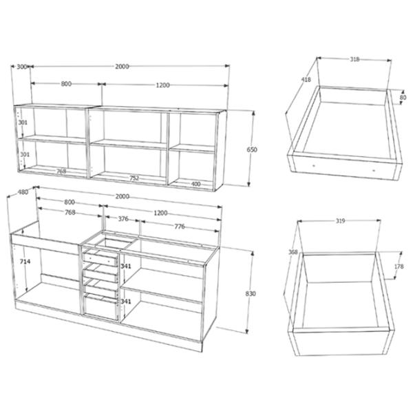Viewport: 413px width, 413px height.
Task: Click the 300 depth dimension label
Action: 22,67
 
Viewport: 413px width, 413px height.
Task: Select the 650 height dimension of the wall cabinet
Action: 251,149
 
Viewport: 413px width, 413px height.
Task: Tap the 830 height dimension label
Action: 251,293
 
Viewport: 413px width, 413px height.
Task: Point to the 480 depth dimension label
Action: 23,192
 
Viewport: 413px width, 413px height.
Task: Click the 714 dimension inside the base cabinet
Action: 25,262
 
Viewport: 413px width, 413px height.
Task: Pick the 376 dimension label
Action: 123,219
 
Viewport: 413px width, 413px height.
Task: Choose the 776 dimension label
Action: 180,226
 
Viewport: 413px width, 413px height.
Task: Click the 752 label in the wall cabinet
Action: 134,178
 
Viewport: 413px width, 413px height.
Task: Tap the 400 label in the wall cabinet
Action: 195,184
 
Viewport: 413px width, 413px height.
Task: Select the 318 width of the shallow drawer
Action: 354,59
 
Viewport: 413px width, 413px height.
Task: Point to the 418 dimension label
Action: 306,80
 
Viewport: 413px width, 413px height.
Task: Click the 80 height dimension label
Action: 403,98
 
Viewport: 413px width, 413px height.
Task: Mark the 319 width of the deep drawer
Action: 340,221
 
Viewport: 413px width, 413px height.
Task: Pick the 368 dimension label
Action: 293,252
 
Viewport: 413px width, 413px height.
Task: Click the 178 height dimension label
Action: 399,266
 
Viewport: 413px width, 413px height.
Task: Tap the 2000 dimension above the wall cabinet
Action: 122,67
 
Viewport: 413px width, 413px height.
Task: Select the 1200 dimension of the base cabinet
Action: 160,213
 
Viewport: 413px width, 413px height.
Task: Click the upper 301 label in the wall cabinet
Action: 23,123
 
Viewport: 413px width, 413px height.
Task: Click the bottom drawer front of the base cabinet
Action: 101,308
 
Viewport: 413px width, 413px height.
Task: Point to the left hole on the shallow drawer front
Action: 314,166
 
